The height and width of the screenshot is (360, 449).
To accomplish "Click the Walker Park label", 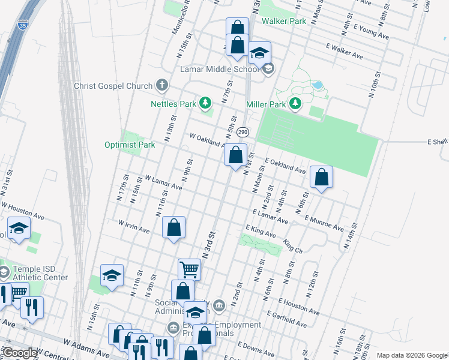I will [284, 21].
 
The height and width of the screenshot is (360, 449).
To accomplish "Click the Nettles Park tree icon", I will [205, 103].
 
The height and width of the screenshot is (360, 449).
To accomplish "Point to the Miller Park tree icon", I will [295, 104].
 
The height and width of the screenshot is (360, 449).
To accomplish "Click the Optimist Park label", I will [130, 145].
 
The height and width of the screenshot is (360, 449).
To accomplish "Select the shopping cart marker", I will [189, 270].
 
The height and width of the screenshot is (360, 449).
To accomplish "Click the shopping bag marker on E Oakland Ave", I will [322, 177].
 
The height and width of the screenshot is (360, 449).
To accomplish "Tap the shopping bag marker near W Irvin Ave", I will [173, 227].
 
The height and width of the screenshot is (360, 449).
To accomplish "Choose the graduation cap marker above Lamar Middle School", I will [259, 53].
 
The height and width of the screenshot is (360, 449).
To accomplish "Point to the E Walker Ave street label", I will [345, 50].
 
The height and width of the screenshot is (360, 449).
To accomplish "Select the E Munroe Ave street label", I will [324, 223].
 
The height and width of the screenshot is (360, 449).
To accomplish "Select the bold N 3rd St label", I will [208, 244].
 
